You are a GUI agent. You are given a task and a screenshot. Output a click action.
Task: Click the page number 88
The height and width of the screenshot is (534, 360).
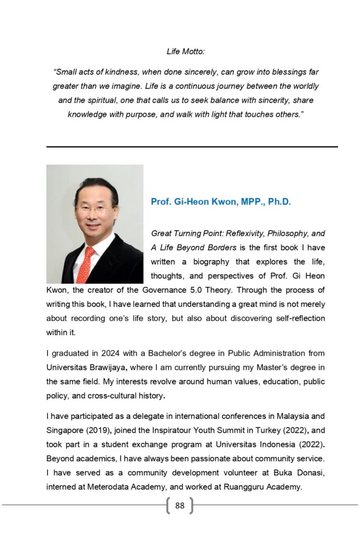click(180, 505)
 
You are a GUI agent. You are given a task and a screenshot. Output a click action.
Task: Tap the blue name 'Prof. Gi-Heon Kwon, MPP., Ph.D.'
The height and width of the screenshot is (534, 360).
click(221, 202)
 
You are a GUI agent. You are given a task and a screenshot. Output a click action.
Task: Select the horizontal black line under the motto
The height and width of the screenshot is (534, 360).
click(192, 147)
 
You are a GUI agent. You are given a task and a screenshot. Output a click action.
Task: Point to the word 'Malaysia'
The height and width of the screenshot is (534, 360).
click(303, 416)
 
